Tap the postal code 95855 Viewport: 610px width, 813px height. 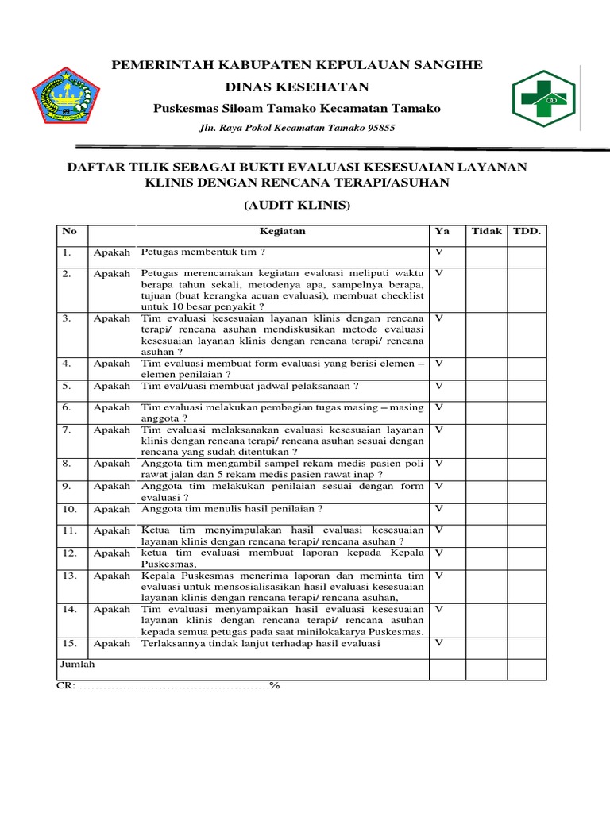point(377,128)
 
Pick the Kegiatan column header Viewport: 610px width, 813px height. point(283,231)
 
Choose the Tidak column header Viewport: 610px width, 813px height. point(486,231)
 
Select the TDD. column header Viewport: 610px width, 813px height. point(527,231)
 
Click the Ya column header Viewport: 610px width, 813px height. point(442,231)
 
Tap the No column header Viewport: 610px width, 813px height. point(69,231)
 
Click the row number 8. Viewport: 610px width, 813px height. point(68,463)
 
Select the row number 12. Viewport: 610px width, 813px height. point(70,553)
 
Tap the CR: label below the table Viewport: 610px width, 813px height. point(66,685)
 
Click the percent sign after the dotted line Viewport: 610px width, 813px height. point(275,685)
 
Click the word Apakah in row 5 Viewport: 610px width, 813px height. point(111,386)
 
